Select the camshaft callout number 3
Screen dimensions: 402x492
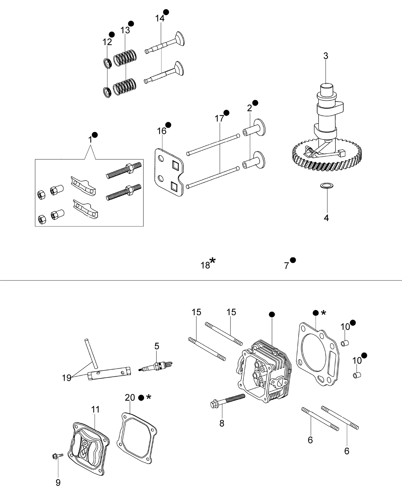pyautogui.click(x=326, y=56)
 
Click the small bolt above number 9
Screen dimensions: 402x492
pyautogui.click(x=58, y=456)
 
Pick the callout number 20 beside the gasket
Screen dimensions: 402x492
pyautogui.click(x=130, y=397)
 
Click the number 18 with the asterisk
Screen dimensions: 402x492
pyautogui.click(x=205, y=265)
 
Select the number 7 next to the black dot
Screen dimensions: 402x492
pyautogui.click(x=286, y=266)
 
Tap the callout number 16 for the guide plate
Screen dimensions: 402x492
pyautogui.click(x=162, y=131)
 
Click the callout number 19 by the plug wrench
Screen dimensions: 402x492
pyautogui.click(x=66, y=378)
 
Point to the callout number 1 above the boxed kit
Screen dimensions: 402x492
pyautogui.click(x=90, y=140)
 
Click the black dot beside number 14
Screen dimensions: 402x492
pyautogui.click(x=166, y=12)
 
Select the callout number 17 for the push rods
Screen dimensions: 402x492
pyautogui.click(x=219, y=119)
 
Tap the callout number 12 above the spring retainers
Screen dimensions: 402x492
pyautogui.click(x=107, y=42)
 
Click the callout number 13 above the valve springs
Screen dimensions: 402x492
pyautogui.click(x=125, y=30)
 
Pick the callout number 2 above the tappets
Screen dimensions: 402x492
pyautogui.click(x=249, y=108)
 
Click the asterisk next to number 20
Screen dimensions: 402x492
pyautogui.click(x=149, y=397)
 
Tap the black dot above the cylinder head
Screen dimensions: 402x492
pyautogui.click(x=272, y=315)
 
